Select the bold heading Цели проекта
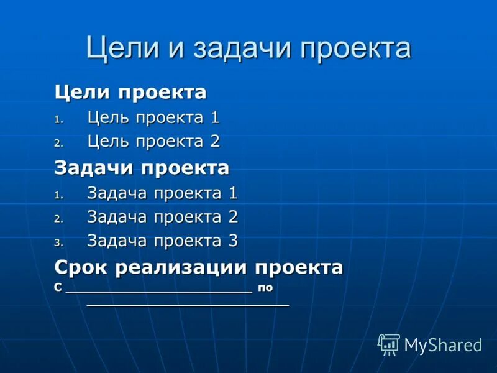click(130, 93)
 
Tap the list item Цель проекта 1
click(153, 117)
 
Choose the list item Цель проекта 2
click(153, 141)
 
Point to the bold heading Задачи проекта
click(142, 167)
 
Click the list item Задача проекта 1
click(162, 193)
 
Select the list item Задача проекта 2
click(162, 217)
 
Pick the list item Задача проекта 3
click(162, 241)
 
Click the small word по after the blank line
click(266, 288)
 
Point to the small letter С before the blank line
click(58, 288)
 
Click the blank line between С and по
click(158, 290)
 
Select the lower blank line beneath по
click(188, 305)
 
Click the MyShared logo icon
click(388, 344)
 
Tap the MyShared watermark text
click(443, 345)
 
